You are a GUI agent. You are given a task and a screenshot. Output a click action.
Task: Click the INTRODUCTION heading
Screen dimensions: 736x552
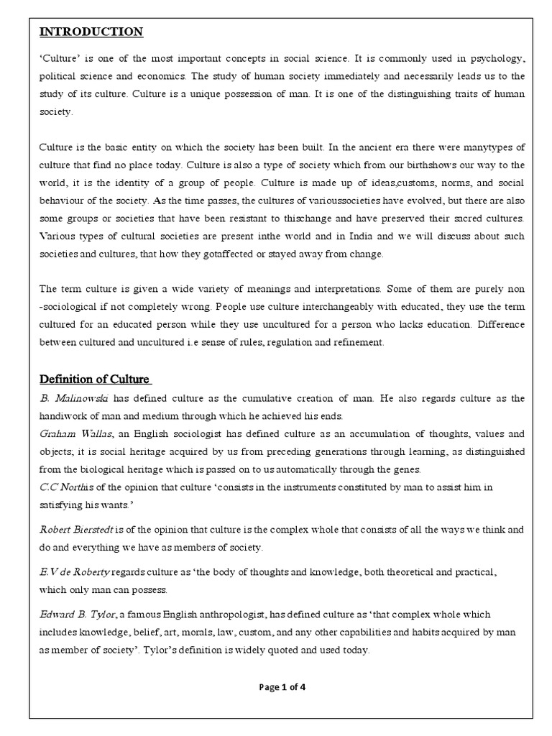91,32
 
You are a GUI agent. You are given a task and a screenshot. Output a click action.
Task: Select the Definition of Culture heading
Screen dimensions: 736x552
94,379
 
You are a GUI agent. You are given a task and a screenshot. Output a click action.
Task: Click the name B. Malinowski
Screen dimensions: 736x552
67,398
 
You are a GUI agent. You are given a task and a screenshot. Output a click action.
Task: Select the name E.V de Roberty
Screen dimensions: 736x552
74,571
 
